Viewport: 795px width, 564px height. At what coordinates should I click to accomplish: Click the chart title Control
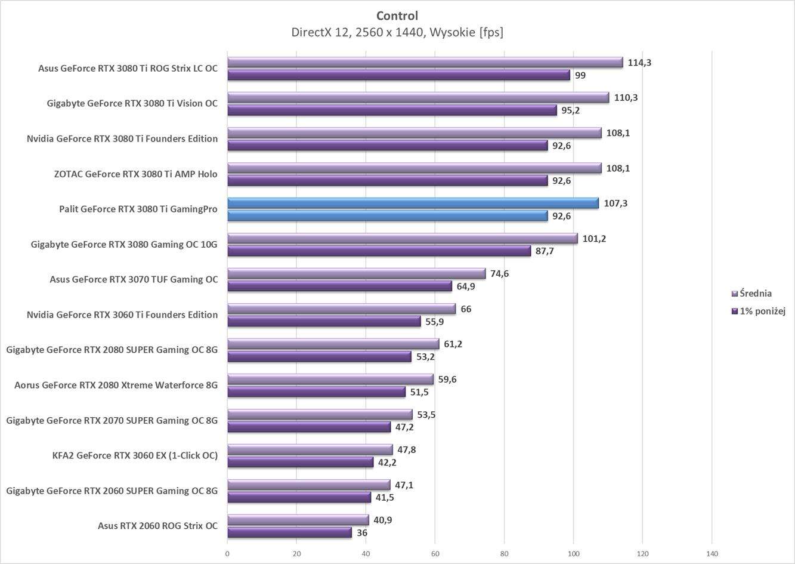click(397, 16)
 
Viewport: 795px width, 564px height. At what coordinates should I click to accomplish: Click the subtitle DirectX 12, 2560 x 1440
click(397, 32)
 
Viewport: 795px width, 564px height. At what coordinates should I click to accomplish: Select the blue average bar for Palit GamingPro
click(413, 203)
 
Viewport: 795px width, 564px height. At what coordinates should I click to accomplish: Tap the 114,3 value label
click(639, 62)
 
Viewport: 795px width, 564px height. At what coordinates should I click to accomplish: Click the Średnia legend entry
click(755, 293)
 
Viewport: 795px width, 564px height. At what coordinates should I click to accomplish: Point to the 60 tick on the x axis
click(435, 553)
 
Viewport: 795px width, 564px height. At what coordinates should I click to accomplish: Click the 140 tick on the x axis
click(712, 553)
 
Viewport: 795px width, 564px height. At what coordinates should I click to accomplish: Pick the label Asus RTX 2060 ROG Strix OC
click(157, 526)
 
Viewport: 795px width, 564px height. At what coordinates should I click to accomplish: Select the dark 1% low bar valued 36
click(289, 532)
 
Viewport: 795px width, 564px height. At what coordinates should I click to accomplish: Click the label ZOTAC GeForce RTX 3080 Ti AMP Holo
click(135, 174)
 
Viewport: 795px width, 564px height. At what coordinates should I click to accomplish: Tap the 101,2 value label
click(594, 239)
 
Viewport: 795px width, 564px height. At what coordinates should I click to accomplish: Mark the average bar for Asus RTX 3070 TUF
click(357, 273)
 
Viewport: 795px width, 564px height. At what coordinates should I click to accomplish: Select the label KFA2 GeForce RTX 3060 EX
click(135, 455)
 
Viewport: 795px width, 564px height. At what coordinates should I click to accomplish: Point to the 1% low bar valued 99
click(398, 75)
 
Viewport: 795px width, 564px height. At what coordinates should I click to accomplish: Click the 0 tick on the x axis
click(227, 553)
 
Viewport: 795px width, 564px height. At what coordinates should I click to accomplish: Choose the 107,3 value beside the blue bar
click(615, 204)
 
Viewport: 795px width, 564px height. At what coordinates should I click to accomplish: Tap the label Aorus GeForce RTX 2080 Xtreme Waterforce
click(116, 385)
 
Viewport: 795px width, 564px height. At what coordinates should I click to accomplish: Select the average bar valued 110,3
click(418, 97)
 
